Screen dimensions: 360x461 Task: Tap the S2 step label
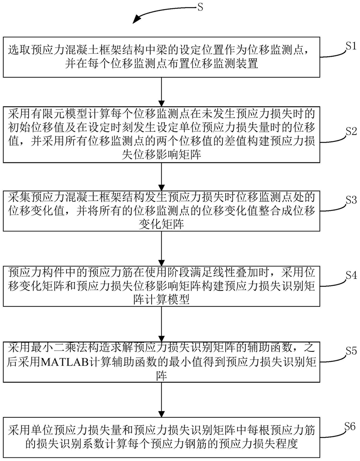point(351,131)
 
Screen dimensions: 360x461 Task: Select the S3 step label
point(351,200)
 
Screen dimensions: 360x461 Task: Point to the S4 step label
point(351,275)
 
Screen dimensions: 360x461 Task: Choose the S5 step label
point(351,351)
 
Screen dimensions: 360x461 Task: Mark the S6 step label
point(350,426)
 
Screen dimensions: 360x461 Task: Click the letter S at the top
point(200,6)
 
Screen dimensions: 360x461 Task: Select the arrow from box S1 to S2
point(162,92)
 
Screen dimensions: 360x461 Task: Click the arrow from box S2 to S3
point(162,177)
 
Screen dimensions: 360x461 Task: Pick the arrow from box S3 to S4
point(162,249)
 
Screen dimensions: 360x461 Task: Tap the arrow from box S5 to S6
point(162,400)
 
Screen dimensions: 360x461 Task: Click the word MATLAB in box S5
point(65,362)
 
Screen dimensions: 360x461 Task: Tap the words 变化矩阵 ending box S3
point(162,224)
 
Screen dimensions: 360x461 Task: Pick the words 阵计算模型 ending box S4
point(162,300)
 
